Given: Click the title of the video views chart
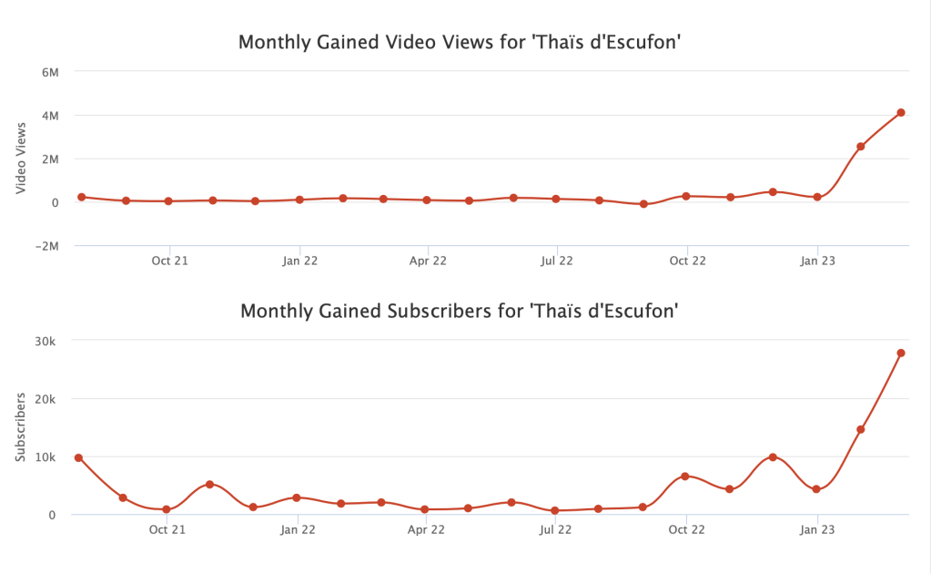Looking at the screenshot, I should pyautogui.click(x=460, y=43).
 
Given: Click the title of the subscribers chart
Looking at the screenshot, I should pyautogui.click(x=460, y=311).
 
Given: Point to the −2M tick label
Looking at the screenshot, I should pyautogui.click(x=45, y=246).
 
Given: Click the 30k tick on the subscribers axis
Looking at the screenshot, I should pyautogui.click(x=46, y=341).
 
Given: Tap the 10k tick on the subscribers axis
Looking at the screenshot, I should pyautogui.click(x=46, y=457).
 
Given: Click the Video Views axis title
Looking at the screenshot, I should pyautogui.click(x=22, y=159).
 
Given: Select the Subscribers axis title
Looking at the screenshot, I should pyautogui.click(x=22, y=427).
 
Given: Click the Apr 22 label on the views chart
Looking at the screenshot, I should pyautogui.click(x=428, y=261).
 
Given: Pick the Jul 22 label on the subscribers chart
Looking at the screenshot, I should pyautogui.click(x=557, y=529).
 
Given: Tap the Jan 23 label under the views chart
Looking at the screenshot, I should pyautogui.click(x=817, y=261).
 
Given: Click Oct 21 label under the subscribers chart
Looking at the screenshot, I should pyautogui.click(x=168, y=529).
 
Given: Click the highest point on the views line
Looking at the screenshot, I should pyautogui.click(x=901, y=113).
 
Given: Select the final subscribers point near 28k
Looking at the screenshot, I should pyautogui.click(x=901, y=354).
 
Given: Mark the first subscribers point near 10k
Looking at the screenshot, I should pyautogui.click(x=79, y=457).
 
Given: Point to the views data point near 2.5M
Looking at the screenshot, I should pyautogui.click(x=860, y=147).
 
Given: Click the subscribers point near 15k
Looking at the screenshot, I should pyautogui.click(x=860, y=429).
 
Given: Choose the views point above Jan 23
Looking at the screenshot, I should pyautogui.click(x=817, y=197).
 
